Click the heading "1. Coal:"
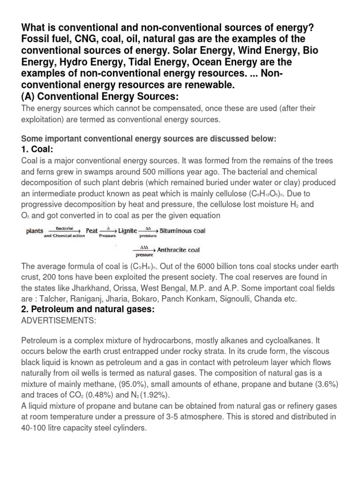(x=37, y=149)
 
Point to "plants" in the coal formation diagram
(x=35, y=231)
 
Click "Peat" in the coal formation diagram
(x=91, y=231)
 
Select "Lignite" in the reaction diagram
(x=127, y=231)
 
